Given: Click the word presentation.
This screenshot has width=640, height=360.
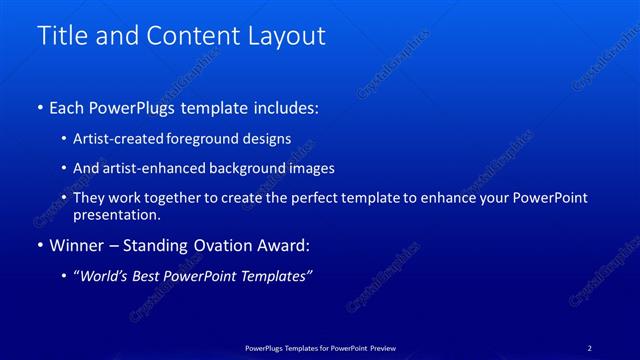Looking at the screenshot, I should pyautogui.click(x=116, y=214).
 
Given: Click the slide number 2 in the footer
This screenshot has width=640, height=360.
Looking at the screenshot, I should pyautogui.click(x=589, y=348).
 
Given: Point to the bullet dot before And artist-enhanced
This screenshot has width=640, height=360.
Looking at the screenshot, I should pyautogui.click(x=65, y=169).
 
